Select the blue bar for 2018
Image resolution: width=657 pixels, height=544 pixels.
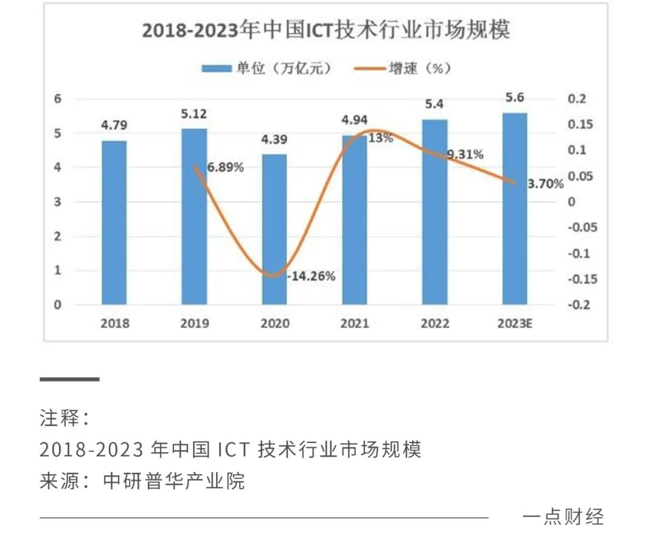(114, 222)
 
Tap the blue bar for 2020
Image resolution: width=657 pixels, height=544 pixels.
(274, 229)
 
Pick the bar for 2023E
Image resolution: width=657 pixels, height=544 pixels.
(515, 208)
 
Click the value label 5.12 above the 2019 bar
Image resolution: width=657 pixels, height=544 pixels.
(195, 114)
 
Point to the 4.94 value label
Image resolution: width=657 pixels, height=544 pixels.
(355, 120)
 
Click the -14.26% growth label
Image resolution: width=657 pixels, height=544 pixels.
(311, 276)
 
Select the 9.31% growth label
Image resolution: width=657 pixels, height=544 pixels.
(465, 154)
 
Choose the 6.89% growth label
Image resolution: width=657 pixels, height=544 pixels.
(225, 167)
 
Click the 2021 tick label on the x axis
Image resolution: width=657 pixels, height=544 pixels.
(355, 323)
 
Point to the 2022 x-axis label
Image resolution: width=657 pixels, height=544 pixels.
(435, 323)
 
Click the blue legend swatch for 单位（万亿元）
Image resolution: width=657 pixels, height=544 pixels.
(217, 69)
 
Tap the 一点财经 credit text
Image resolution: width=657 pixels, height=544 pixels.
(563, 517)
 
